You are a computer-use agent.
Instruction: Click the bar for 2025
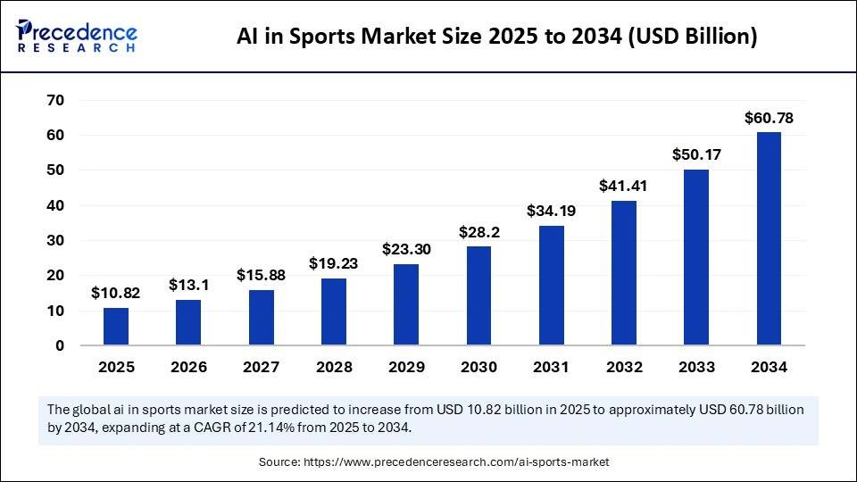pos(116,327)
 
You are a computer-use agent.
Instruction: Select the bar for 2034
pos(769,238)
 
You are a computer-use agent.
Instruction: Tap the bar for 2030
pos(478,295)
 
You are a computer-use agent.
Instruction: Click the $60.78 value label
pos(769,118)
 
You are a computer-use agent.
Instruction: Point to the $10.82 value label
pos(116,293)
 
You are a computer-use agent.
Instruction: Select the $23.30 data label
pos(406,250)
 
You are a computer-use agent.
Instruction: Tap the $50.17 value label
pos(696,154)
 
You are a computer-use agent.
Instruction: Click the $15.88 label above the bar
pos(261,276)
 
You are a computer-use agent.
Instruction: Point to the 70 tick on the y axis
pos(55,100)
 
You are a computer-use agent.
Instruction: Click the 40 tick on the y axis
pos(55,205)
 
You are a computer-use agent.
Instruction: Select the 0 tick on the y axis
pos(60,345)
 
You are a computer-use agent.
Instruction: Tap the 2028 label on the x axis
pos(334,367)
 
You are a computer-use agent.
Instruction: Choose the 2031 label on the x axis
pos(551,367)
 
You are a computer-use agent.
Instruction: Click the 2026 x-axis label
pos(188,367)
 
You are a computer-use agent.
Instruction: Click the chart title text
pos(496,37)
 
